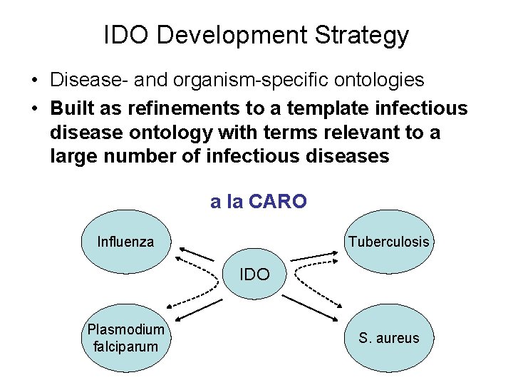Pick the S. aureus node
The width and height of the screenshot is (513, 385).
388,338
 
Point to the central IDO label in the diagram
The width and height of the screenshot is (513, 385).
254,274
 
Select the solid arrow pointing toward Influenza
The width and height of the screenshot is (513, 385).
196,253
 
